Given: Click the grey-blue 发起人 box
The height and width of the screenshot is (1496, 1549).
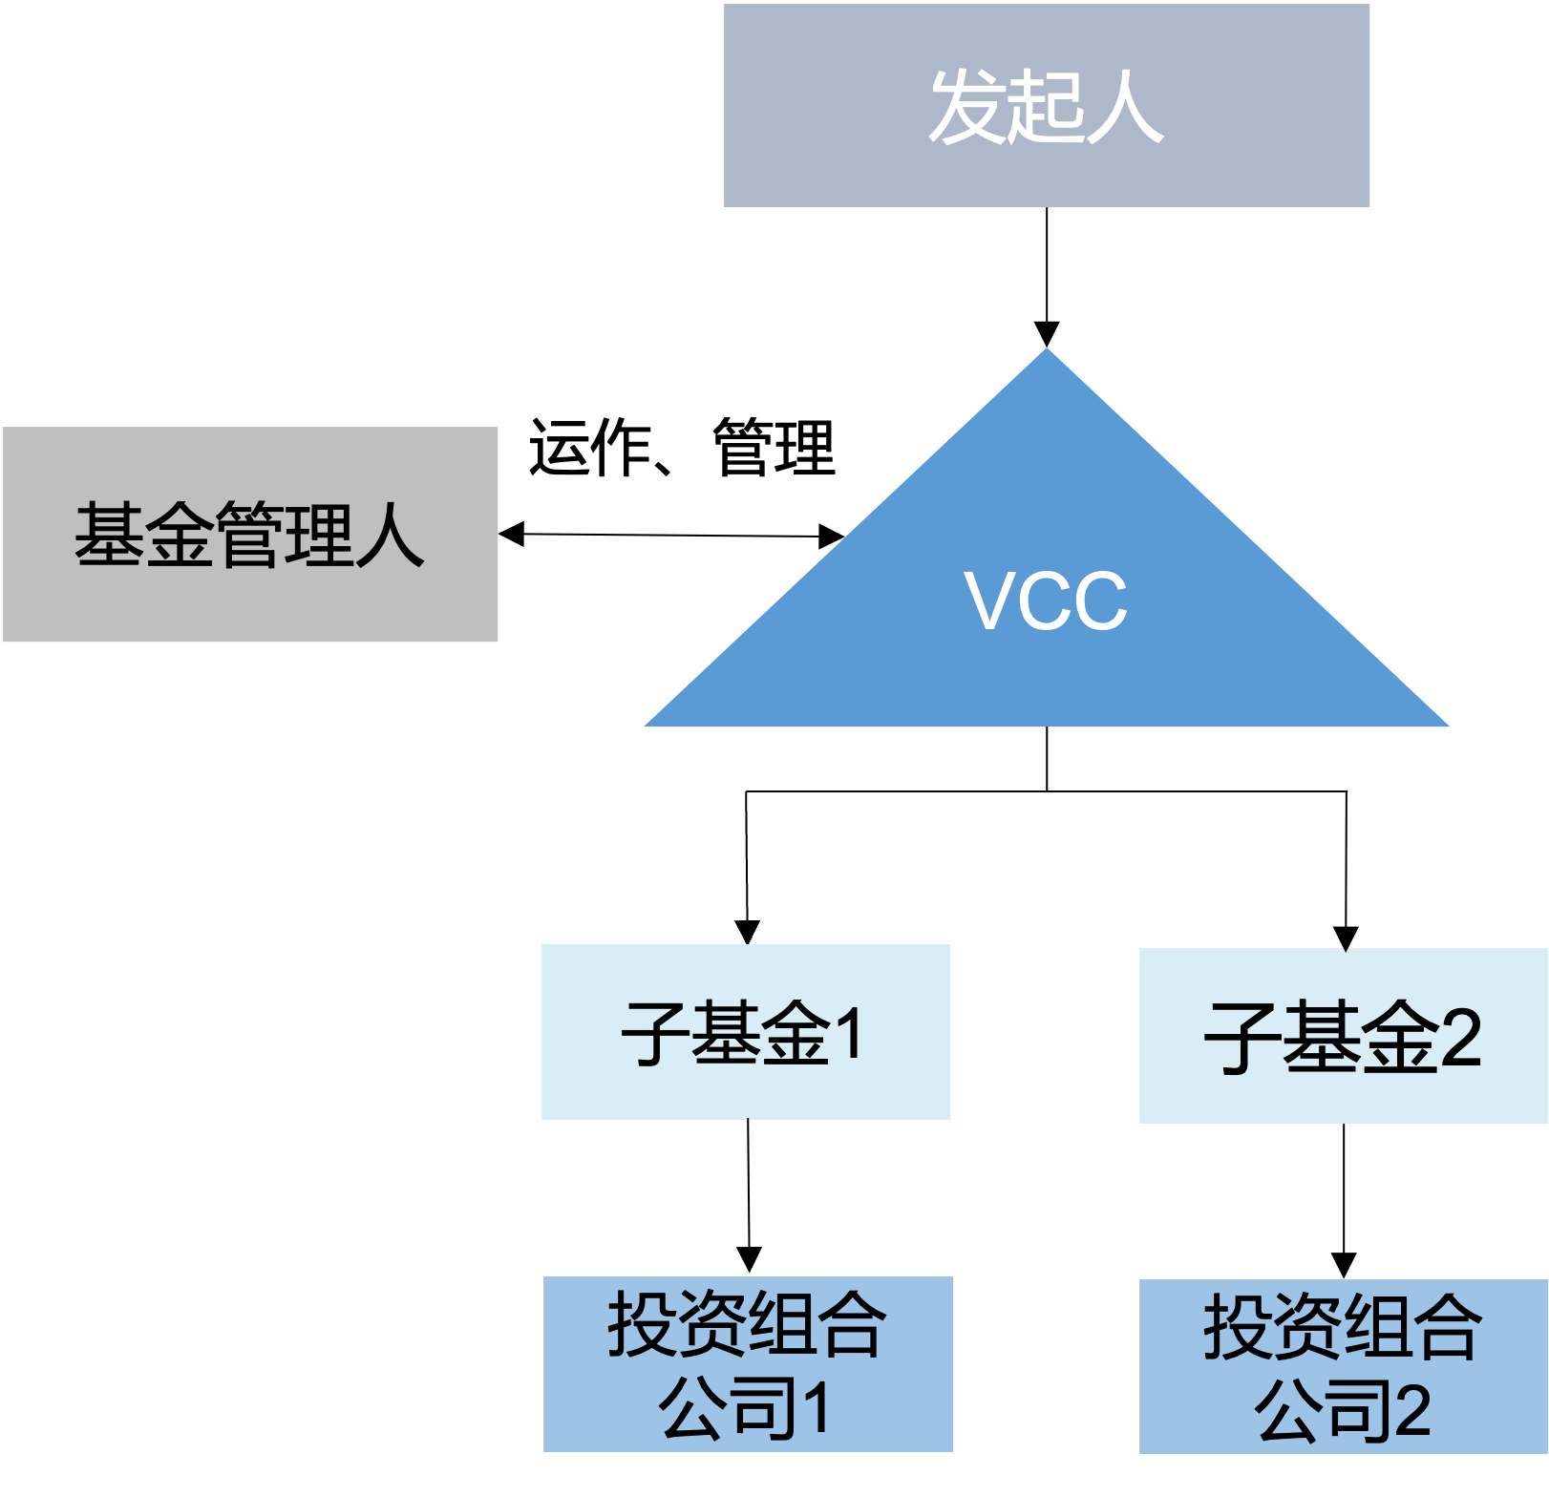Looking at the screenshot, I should pyautogui.click(x=1047, y=106).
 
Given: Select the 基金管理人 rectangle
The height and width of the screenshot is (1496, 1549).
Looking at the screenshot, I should pyautogui.click(x=250, y=535).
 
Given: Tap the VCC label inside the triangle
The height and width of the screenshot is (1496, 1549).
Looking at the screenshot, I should pyautogui.click(x=1046, y=601).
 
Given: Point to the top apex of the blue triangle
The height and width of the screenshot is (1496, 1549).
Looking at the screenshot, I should pyautogui.click(x=1047, y=350).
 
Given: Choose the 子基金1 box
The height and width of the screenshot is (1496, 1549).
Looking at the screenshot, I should pyautogui.click(x=746, y=1032).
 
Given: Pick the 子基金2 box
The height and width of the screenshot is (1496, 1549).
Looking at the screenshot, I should pyautogui.click(x=1344, y=1036).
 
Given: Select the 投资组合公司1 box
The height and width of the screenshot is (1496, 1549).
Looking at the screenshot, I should pyautogui.click(x=748, y=1364).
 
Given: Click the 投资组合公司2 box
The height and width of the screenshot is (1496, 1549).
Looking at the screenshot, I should pyautogui.click(x=1344, y=1367).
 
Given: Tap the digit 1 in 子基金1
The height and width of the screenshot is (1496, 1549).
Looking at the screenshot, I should pyautogui.click(x=848, y=1033).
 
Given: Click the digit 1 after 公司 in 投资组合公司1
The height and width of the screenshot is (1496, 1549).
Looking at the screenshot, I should pyautogui.click(x=817, y=1409).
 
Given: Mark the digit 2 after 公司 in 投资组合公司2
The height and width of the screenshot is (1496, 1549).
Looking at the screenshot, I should pyautogui.click(x=1412, y=1411).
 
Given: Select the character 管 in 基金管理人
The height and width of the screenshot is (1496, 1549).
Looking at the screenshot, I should pyautogui.click(x=250, y=535).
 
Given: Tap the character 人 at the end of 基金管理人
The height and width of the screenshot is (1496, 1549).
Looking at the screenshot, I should pyautogui.click(x=390, y=535).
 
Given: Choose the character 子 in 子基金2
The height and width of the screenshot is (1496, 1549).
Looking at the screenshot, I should pyautogui.click(x=1241, y=1038).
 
